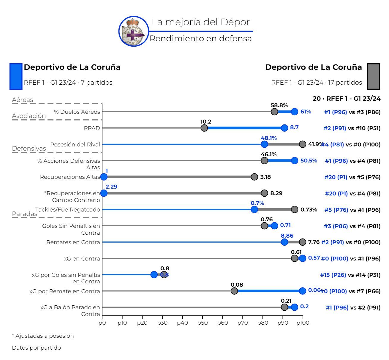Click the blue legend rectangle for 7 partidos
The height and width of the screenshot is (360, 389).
coord(16,76)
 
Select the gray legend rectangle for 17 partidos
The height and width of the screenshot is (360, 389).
coord(373,76)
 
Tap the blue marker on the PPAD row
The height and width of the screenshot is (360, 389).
coord(284,128)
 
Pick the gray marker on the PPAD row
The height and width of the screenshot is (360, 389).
coord(204,128)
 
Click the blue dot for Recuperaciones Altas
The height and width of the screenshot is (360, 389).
coord(104,177)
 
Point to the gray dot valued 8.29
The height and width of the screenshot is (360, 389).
coord(264,193)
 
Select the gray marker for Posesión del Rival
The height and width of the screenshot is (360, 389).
coord(302,144)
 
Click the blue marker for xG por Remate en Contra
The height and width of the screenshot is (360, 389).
coord(302,291)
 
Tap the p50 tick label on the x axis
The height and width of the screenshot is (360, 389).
coord(202,323)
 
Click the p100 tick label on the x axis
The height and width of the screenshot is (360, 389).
coord(302,323)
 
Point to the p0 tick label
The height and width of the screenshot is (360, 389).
coord(102,323)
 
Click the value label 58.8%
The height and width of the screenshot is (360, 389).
coord(279,105)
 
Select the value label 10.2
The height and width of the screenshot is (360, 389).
coord(206,122)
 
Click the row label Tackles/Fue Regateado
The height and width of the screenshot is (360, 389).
coord(68,210)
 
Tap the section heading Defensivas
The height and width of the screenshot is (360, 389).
coord(29,149)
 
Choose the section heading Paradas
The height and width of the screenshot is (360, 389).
coord(24,214)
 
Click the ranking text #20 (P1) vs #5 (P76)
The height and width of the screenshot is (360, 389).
coord(352,177)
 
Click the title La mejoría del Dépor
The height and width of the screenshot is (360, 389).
coord(200,22)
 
